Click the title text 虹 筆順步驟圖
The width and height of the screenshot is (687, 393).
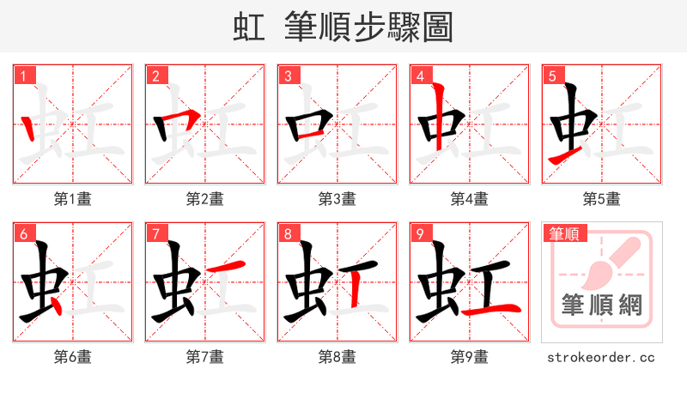click(343, 27)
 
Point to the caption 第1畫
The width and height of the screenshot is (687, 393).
click(73, 199)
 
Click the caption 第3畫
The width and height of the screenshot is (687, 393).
click(337, 199)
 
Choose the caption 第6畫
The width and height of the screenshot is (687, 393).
click(73, 356)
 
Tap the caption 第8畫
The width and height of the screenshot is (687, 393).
click(337, 356)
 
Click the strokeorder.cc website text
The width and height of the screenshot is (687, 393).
click(602, 356)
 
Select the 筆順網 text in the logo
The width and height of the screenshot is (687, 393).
click(602, 305)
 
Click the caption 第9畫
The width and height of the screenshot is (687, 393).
click(470, 356)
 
